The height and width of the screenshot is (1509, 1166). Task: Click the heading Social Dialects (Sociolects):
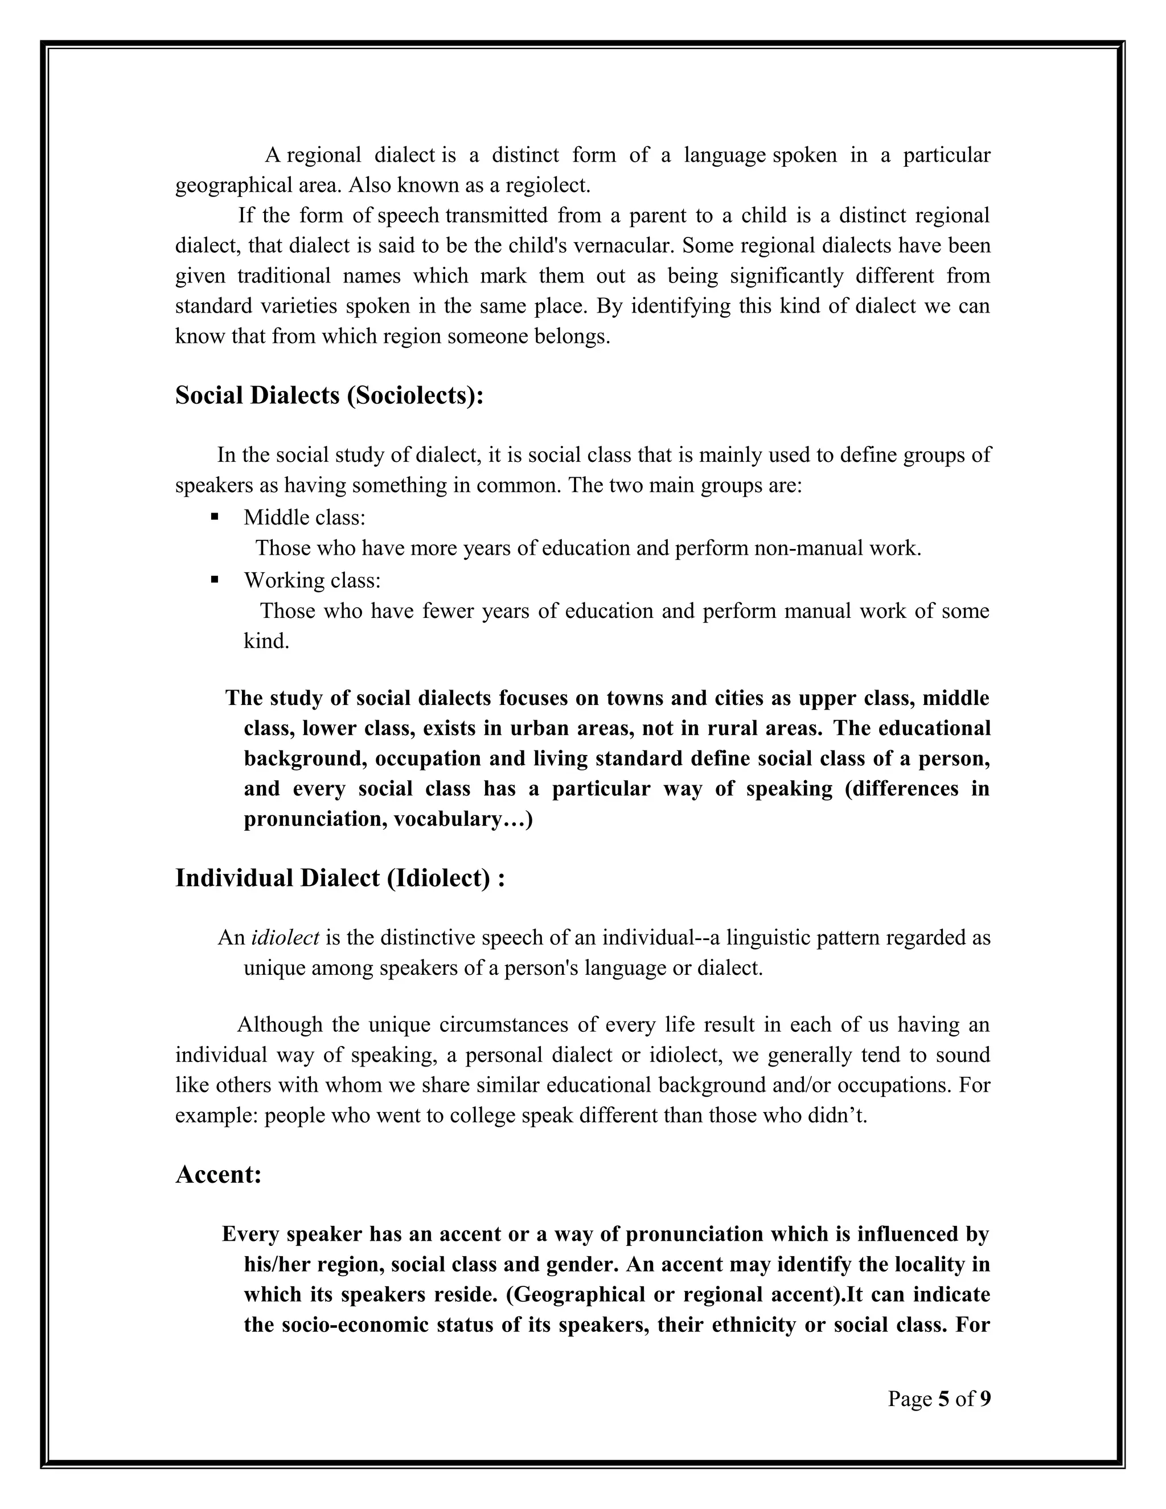point(329,396)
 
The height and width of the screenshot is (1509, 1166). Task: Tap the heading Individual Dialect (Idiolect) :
point(340,878)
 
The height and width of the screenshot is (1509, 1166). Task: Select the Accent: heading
point(218,1174)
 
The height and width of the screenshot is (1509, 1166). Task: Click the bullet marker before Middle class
point(215,516)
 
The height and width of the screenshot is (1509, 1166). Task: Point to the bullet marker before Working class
point(215,579)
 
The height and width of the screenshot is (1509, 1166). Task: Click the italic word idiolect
point(285,938)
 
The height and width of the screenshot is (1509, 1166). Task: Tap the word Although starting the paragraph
point(280,1024)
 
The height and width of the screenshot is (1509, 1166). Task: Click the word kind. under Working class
point(266,641)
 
